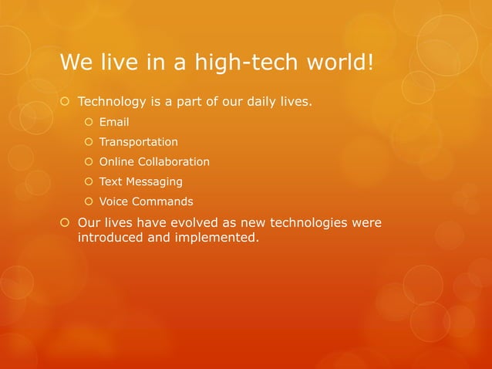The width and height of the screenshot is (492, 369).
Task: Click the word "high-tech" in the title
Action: tap(235, 62)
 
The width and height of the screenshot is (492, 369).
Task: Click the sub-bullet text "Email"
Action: tap(114, 122)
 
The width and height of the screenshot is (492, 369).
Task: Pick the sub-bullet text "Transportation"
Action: tap(138, 142)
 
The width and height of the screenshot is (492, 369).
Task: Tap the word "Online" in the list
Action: tap(116, 162)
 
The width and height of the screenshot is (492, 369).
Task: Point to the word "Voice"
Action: tap(114, 201)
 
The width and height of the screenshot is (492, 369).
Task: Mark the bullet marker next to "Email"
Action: tap(89, 122)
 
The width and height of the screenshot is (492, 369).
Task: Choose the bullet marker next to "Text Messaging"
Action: tap(89, 182)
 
